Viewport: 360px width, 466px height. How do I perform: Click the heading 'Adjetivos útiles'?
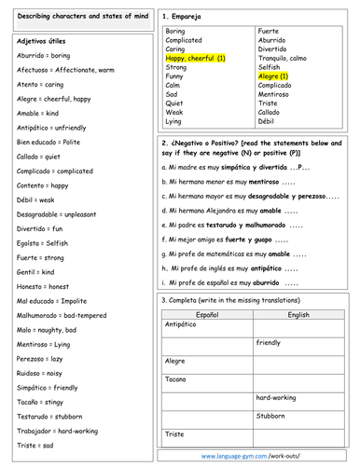(x=43, y=43)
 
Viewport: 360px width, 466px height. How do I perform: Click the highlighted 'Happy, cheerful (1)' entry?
(x=195, y=59)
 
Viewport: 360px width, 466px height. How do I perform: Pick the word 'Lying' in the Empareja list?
(x=174, y=121)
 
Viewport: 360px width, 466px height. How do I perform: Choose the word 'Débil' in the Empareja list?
(x=268, y=121)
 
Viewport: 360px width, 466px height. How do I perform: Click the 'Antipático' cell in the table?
(x=181, y=325)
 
